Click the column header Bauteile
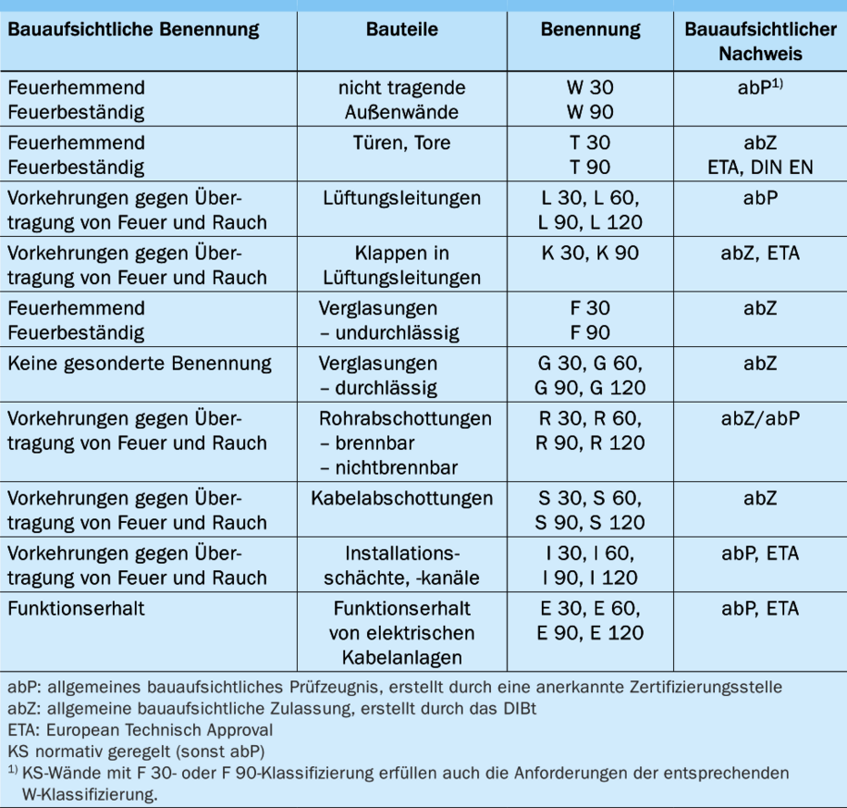tap(402, 30)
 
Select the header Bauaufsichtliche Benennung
tap(133, 30)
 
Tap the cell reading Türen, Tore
tap(402, 143)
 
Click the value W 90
tap(590, 113)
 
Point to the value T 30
tap(590, 143)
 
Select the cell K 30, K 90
tap(590, 252)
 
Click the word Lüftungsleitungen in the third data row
tap(402, 198)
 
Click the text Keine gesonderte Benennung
tap(139, 363)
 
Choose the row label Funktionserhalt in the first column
tap(73, 608)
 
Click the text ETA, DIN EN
tap(760, 168)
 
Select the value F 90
tap(590, 332)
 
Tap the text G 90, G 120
tap(590, 387)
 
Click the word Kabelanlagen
tap(402, 657)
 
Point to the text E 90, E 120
tap(590, 632)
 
